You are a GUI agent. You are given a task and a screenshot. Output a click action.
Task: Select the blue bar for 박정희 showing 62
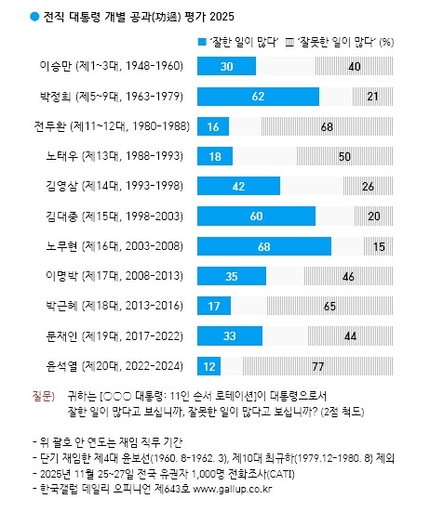(x=259, y=96)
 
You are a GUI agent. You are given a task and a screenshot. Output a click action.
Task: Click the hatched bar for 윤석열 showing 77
(x=316, y=365)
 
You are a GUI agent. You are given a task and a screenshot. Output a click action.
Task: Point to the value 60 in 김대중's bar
(x=256, y=216)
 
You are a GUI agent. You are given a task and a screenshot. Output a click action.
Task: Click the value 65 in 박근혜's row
(x=329, y=306)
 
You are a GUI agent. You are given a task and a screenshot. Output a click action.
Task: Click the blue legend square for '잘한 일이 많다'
(x=202, y=42)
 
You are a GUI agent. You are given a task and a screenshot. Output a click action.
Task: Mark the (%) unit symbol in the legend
(x=388, y=42)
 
